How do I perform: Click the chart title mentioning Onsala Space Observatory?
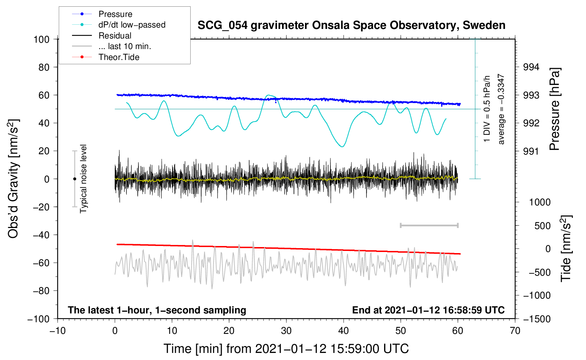(351, 25)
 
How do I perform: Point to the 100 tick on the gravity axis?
(41, 39)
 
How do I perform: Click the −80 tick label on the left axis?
(41, 291)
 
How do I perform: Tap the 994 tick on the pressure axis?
(531, 67)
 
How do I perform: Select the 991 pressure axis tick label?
(531, 151)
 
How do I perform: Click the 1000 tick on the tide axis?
(540, 202)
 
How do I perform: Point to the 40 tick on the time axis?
(343, 331)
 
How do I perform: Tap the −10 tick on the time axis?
(58, 331)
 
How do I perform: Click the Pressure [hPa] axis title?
(555, 109)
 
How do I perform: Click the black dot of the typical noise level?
(74, 179)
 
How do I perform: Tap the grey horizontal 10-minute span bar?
(429, 225)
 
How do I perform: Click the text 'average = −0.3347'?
(501, 109)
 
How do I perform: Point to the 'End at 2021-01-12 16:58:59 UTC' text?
(428, 310)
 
